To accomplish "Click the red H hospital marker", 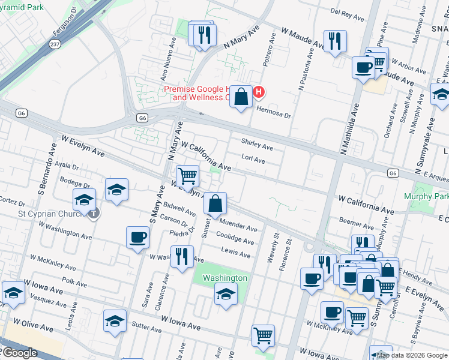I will point(259,92).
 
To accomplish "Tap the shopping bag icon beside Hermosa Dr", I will point(241,97).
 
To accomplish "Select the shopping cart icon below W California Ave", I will point(188,176).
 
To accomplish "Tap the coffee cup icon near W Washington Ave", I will point(137,237).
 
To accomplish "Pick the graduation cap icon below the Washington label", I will point(225,294).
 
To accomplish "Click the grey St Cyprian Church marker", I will point(94,213).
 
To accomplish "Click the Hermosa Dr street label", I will point(274,109).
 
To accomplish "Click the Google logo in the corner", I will point(19,353).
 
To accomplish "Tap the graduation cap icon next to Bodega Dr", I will point(116,190).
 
